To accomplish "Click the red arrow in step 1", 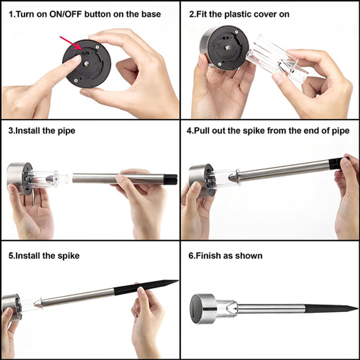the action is (x=71, y=43).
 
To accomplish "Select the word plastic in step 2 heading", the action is (x=236, y=15).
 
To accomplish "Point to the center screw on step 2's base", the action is (x=228, y=48).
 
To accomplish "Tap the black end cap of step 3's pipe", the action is (x=171, y=179).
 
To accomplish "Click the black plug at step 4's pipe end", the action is (x=336, y=163).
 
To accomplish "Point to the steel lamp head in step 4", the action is (x=202, y=180).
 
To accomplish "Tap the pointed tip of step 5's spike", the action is (x=178, y=280).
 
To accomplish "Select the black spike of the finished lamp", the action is (x=331, y=309).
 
